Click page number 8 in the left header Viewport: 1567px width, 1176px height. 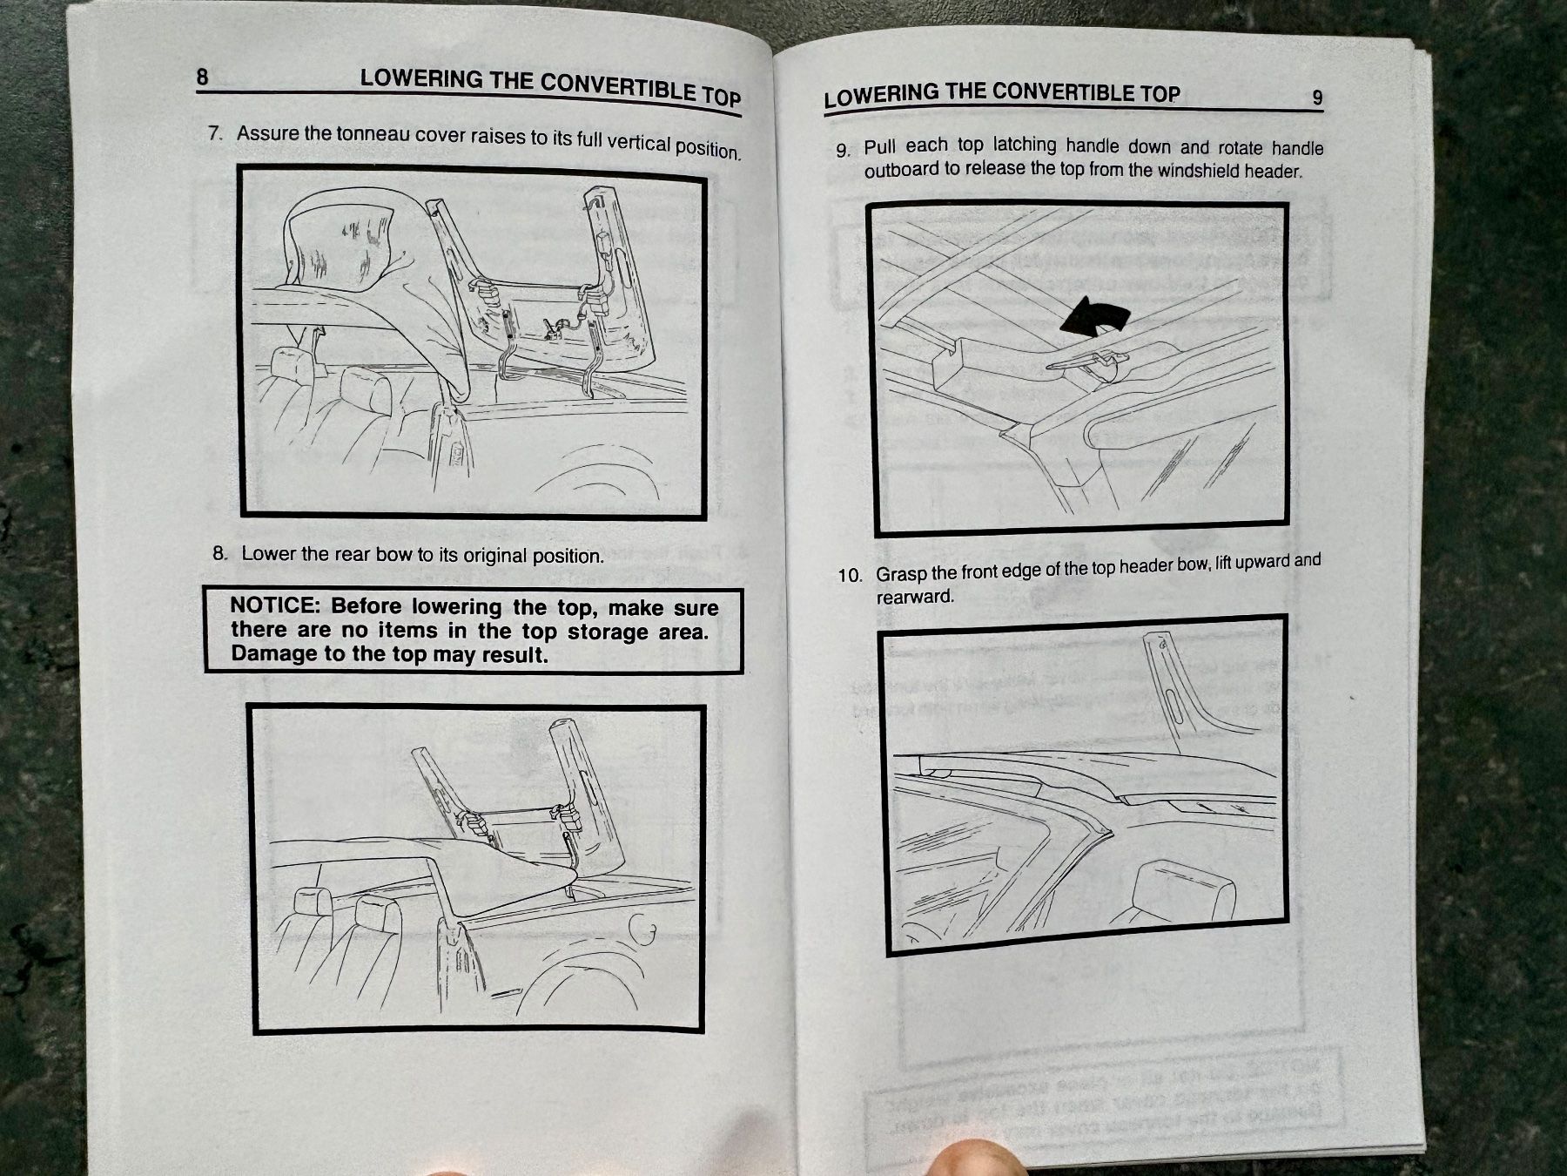pyautogui.click(x=202, y=77)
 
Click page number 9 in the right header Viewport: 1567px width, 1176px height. pyautogui.click(x=1317, y=98)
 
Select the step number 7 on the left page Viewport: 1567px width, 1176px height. pyautogui.click(x=216, y=133)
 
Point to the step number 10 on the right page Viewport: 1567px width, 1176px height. pyautogui.click(x=850, y=576)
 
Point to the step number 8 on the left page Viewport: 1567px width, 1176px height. pyautogui.click(x=219, y=553)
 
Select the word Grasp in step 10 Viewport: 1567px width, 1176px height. pyautogui.click(x=901, y=575)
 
